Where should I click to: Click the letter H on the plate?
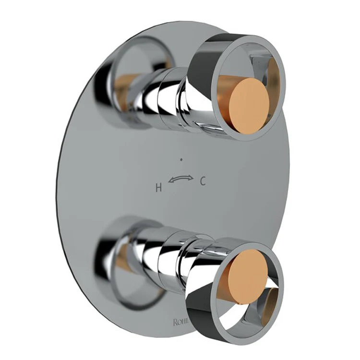[x=158, y=188]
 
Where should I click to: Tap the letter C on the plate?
[x=203, y=181]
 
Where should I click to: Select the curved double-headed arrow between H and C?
[x=180, y=180]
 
